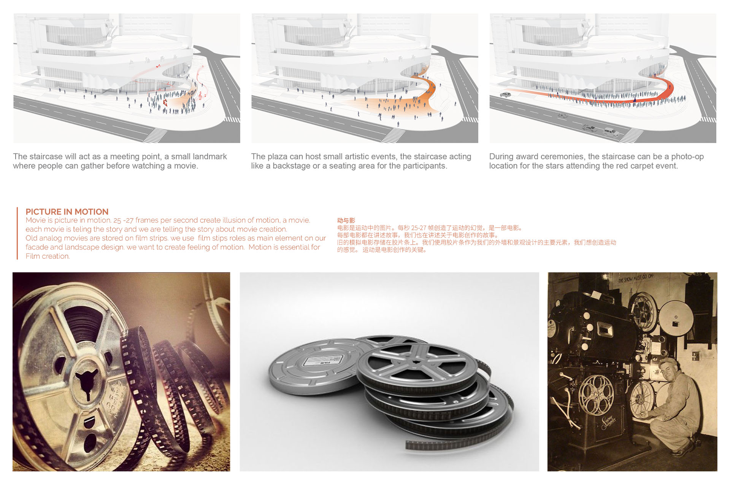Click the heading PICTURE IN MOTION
[x=67, y=212]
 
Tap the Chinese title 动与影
[x=346, y=220]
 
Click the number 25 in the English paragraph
[x=117, y=220]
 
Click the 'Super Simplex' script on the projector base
[x=609, y=422]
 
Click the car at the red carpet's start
[x=505, y=94]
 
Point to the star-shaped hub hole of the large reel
[x=87, y=382]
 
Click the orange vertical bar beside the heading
[x=17, y=233]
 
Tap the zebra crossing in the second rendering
[x=395, y=135]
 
